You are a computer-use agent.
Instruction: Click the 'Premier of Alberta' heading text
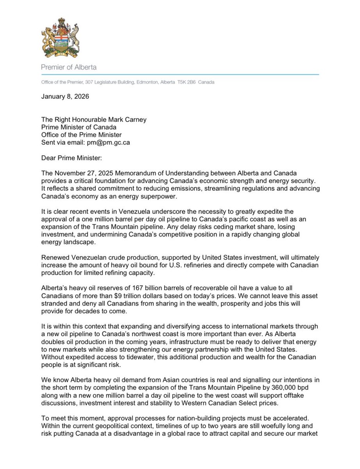coord(69,67)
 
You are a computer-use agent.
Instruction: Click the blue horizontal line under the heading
coord(180,75)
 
